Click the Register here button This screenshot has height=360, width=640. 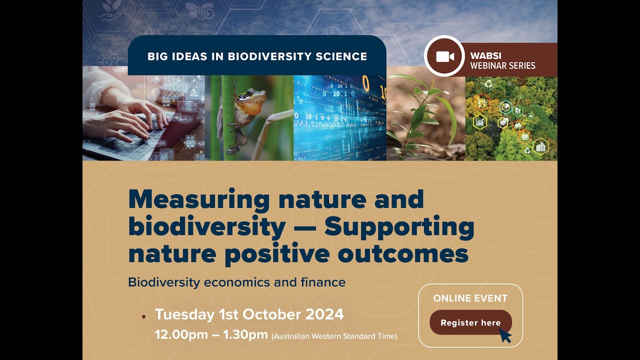click(470, 322)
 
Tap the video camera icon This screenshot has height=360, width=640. click(444, 56)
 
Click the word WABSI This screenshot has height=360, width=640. click(485, 56)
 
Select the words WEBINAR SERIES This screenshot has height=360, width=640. click(502, 65)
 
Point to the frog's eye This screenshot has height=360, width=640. click(248, 93)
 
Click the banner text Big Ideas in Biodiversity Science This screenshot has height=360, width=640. click(257, 56)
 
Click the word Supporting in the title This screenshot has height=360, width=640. click(399, 227)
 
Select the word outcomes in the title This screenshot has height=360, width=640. click(403, 253)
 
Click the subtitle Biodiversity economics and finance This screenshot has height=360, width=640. click(236, 282)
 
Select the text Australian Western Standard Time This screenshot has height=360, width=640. click(334, 336)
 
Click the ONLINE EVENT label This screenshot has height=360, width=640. click(470, 298)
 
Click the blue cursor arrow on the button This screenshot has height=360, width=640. click(505, 335)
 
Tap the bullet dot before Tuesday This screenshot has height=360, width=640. click(144, 316)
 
